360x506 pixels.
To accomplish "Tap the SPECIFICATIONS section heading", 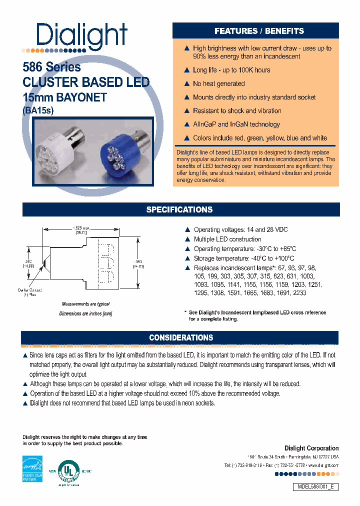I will [x=179, y=209].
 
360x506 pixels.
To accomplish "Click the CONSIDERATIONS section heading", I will [x=181, y=338].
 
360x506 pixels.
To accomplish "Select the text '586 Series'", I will [x=51, y=67].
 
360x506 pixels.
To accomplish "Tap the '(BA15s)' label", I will [x=38, y=111].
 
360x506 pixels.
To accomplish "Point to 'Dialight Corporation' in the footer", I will [x=311, y=448].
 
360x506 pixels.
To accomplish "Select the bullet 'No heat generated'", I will [x=218, y=84].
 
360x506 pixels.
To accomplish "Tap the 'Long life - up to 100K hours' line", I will [x=231, y=70].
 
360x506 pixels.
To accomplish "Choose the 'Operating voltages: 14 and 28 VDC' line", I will [x=240, y=230].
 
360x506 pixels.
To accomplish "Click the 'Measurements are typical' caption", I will [x=85, y=304].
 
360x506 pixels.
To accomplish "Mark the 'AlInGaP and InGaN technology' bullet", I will [x=236, y=124].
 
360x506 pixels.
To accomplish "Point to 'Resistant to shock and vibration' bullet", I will [x=237, y=111].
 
